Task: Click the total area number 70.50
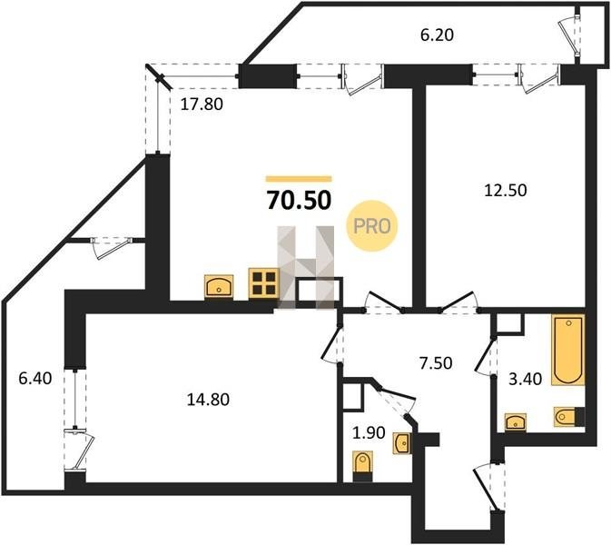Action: [x=299, y=201]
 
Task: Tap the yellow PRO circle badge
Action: [x=371, y=225]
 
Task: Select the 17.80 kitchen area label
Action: [x=202, y=104]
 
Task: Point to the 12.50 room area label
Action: [x=506, y=190]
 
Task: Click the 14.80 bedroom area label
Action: [x=208, y=400]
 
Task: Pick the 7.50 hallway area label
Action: [x=436, y=363]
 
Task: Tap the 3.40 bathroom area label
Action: [x=526, y=379]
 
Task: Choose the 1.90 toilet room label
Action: [x=369, y=432]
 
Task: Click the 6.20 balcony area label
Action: [x=437, y=35]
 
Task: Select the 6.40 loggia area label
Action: [x=35, y=378]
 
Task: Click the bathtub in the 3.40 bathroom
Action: [x=568, y=350]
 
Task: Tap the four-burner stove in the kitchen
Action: [x=264, y=283]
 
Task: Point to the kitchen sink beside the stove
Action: [x=219, y=286]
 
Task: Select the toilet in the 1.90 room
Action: [x=362, y=466]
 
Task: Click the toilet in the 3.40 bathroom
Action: [x=569, y=417]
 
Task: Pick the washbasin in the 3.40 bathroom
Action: [x=515, y=422]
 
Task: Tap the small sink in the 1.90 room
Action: [x=402, y=443]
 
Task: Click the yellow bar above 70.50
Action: [x=299, y=179]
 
